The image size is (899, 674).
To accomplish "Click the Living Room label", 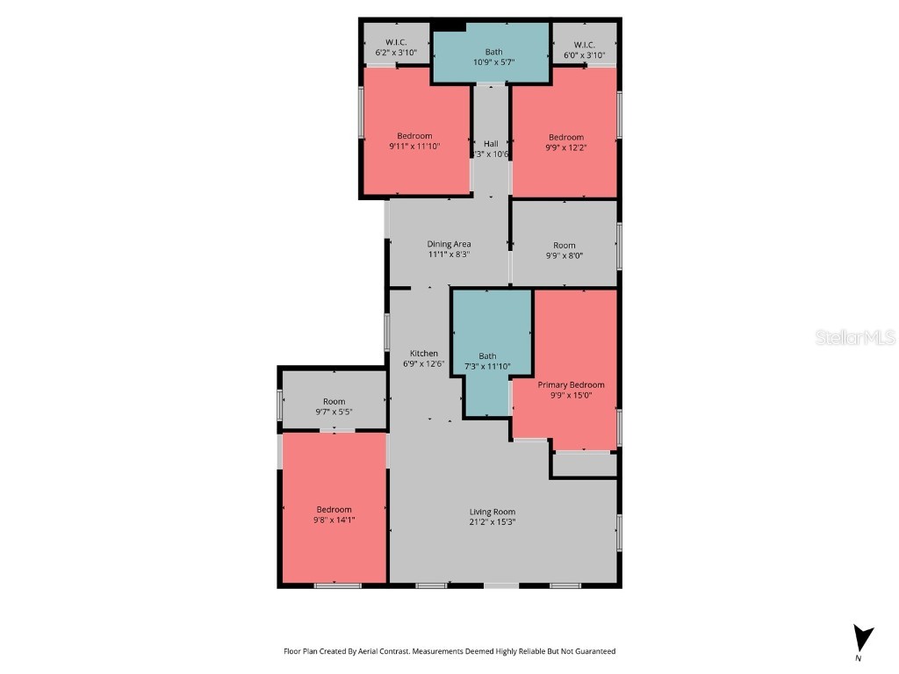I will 492,512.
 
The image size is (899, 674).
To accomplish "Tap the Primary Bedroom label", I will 571,384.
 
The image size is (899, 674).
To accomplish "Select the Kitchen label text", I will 423,354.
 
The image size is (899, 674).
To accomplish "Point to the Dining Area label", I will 449,244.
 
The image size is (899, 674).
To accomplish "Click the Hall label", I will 491,144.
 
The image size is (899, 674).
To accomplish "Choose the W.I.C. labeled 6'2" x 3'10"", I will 397,45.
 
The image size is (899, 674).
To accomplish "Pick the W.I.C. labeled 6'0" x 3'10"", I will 585,45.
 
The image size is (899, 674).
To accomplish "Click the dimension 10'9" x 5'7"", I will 493,62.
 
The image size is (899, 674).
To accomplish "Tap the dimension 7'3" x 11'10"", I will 487,367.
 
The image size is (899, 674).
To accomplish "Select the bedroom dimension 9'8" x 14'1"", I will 334,520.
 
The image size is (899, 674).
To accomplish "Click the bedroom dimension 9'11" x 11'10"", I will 414,147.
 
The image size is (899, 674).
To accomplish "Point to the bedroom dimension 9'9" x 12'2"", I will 566,147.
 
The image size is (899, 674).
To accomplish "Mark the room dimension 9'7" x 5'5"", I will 334,412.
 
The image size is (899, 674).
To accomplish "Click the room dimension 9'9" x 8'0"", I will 565,256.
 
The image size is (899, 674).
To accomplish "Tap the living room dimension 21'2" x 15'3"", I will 492,522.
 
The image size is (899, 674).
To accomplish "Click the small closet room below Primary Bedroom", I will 584,464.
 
